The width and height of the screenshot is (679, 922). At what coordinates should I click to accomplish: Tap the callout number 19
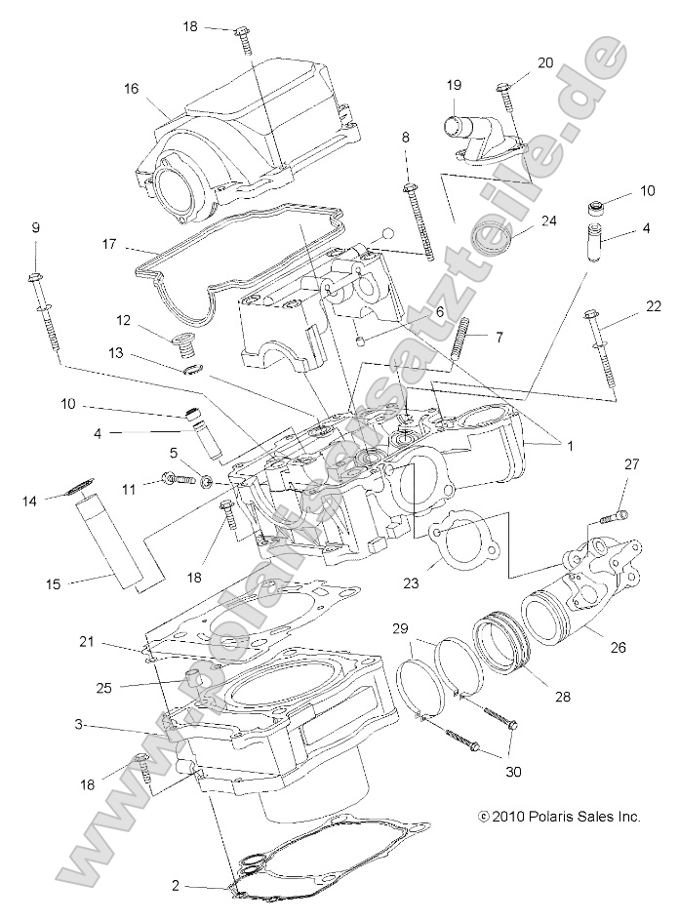pos(454,85)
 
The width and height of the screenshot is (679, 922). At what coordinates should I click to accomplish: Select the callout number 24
pos(548,220)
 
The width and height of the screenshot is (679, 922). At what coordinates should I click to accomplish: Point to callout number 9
pos(35,227)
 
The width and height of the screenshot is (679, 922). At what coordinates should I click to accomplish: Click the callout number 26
pos(647,646)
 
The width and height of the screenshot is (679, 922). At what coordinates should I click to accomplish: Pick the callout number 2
pos(176,886)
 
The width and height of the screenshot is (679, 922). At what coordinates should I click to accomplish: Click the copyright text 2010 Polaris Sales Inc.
pos(558,816)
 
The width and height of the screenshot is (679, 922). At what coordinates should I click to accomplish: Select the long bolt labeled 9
pos(48,317)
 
